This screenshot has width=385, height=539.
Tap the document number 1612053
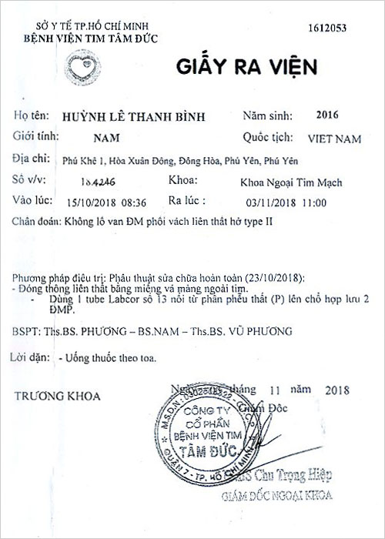coord(326,28)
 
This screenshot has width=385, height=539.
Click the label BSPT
coord(26,332)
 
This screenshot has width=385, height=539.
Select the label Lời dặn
coord(32,358)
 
